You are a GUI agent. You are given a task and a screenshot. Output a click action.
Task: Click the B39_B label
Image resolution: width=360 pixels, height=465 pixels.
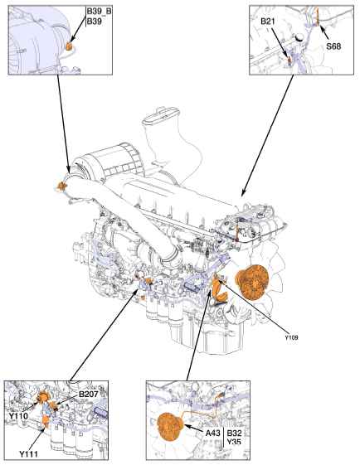coord(100,12)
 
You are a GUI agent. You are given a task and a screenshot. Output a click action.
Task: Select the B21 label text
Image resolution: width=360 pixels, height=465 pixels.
coord(268,22)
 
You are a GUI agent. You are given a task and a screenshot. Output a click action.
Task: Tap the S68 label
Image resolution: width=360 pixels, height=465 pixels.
coord(333,46)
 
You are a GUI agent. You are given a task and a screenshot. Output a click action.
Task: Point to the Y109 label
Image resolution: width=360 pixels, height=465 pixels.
coord(292,337)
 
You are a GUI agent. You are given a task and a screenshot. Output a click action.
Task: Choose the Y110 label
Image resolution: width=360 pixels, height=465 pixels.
coord(18,416)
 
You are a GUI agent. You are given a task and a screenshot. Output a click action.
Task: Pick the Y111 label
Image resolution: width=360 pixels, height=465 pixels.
coord(29,454)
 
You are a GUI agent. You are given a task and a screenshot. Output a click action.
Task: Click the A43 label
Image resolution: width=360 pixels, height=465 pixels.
coord(213,434)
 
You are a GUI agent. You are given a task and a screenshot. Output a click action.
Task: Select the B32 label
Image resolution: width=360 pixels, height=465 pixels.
coord(234,434)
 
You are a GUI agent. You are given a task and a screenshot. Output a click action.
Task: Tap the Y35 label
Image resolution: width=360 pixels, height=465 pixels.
coord(234,442)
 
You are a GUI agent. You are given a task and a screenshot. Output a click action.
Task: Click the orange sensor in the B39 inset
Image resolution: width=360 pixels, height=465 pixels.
coord(69,46)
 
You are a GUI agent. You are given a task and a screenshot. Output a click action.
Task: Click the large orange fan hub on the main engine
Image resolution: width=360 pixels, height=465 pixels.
coord(251,282)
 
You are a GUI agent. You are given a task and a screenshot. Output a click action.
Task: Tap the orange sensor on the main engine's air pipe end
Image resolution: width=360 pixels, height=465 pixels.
coord(62,186)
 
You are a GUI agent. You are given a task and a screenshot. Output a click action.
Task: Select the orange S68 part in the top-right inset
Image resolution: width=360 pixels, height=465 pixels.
coord(317,17)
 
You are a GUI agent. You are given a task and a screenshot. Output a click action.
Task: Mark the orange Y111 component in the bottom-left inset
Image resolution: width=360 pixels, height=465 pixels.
coord(45,421)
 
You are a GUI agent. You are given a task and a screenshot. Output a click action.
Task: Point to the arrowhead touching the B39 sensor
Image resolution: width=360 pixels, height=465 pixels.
coord(73,39)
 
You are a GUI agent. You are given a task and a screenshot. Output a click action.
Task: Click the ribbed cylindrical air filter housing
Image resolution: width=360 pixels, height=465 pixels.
coord(109,162)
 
